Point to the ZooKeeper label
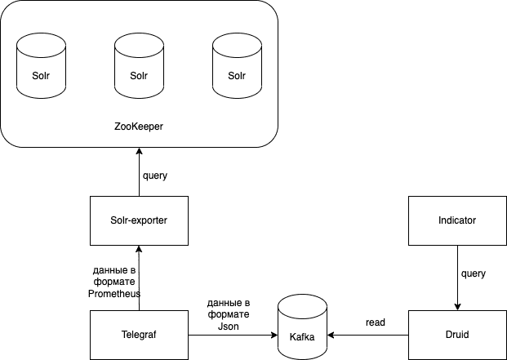coord(138,127)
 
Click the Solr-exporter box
coord(139,220)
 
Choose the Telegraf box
coord(139,335)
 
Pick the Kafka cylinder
coord(302,327)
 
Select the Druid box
coord(457,335)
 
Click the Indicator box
coord(457,220)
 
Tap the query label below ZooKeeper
coord(155,176)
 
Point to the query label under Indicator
coord(474,275)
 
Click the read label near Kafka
coord(376,323)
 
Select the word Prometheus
coord(115,293)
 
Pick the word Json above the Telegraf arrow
coord(229,324)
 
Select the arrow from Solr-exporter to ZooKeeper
coord(139,171)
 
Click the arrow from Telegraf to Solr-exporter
coord(139,278)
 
